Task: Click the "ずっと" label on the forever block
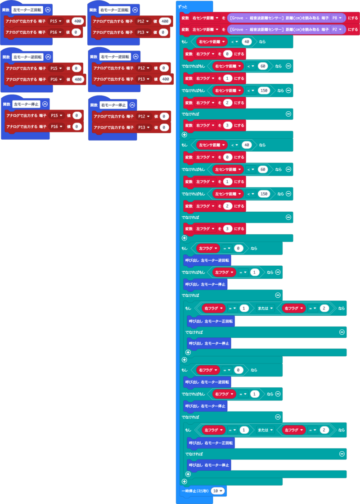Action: (184, 7)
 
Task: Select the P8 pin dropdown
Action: (337, 18)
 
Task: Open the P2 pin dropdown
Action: (337, 30)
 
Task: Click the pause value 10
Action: (218, 490)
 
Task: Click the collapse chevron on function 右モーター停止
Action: (132, 105)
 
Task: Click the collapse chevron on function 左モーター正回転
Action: (47, 10)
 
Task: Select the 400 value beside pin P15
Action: (78, 21)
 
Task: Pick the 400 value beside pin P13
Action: (165, 79)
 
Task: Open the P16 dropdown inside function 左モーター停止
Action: (57, 127)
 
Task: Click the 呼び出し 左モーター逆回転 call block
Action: (207, 260)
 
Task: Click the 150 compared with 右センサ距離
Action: (264, 91)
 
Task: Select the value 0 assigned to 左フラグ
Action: (228, 157)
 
